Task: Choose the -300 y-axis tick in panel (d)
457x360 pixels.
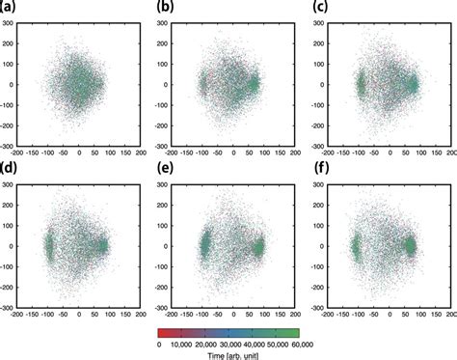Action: tap(16, 309)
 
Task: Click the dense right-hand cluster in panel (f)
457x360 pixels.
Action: tap(409, 246)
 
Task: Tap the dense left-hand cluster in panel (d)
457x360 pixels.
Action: tap(48, 247)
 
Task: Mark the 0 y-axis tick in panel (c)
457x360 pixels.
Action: tap(335, 84)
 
